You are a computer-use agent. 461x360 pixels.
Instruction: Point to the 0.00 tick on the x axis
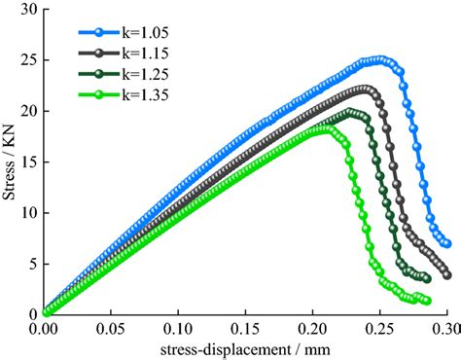pos(44,329)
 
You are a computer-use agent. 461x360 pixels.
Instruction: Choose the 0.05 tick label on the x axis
pos(111,329)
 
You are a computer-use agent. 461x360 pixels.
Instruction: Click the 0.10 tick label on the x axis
pos(178,329)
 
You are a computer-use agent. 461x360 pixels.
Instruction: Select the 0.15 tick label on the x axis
pos(245,329)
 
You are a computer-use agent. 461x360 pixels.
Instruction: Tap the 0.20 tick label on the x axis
pos(312,329)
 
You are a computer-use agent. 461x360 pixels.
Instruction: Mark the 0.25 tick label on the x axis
pos(379,329)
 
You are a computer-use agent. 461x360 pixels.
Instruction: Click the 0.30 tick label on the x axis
pos(444,329)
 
